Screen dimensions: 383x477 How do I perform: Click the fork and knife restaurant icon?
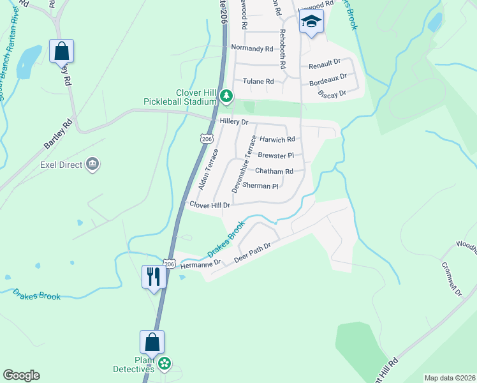(154, 276)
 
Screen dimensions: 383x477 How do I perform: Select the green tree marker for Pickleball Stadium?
(226, 96)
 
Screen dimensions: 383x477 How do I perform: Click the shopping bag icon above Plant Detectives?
(152, 342)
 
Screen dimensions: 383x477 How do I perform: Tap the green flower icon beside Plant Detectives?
(165, 363)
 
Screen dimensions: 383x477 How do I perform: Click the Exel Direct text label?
(61, 165)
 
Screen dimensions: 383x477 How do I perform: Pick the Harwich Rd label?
(277, 139)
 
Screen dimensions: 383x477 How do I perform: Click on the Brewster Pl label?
(275, 155)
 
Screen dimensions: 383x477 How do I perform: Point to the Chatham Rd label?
(274, 171)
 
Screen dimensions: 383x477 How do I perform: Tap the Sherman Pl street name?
(261, 186)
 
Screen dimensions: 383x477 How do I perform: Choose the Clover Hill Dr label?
(210, 204)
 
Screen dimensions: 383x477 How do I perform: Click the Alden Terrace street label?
(208, 170)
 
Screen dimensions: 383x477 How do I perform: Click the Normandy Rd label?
(252, 48)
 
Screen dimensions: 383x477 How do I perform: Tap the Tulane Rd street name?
(258, 81)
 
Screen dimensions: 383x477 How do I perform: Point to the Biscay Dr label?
(332, 93)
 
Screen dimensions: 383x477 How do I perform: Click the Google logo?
(21, 375)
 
